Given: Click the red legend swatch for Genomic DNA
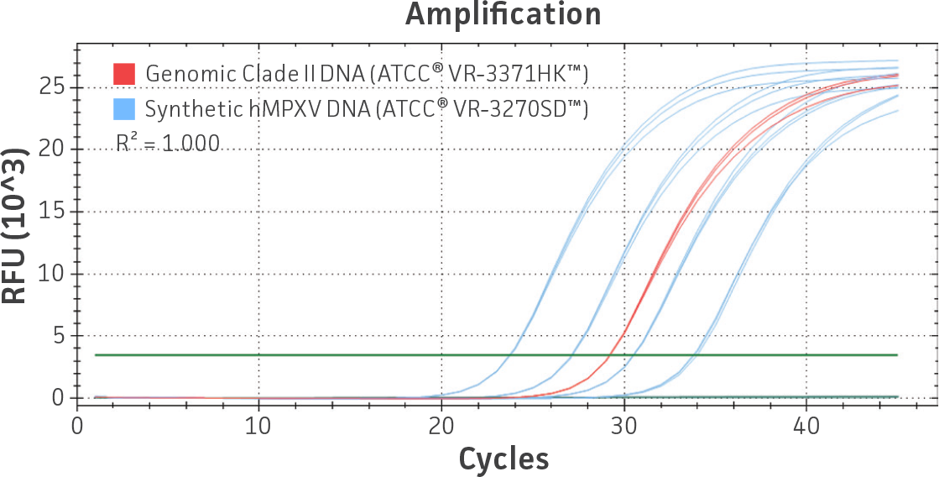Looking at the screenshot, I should click(x=123, y=74).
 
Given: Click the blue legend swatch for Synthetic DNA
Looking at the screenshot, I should click(x=123, y=109).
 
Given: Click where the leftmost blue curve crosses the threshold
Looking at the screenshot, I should click(x=509, y=355).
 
